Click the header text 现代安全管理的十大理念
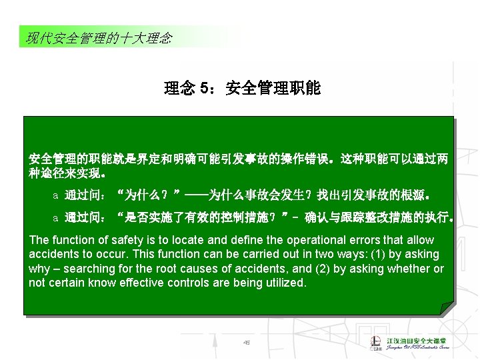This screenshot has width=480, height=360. (99, 38)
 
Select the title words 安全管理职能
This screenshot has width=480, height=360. (273, 88)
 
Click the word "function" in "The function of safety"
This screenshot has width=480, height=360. (74, 240)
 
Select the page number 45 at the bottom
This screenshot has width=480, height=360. (246, 343)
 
